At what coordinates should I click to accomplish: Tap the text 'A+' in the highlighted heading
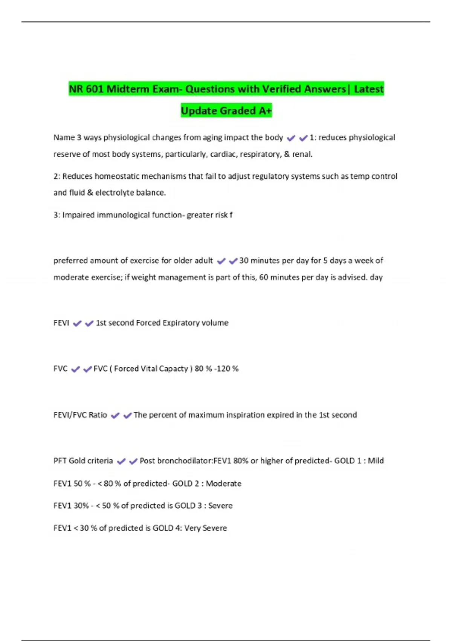click(x=265, y=111)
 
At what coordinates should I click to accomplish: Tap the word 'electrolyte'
click(x=115, y=193)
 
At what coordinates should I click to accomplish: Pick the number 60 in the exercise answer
click(x=264, y=277)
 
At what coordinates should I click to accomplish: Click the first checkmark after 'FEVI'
click(x=77, y=324)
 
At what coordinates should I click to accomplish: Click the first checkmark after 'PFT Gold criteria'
click(x=121, y=462)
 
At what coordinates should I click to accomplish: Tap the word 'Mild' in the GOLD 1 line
click(x=376, y=461)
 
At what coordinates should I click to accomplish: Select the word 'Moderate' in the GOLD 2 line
click(x=223, y=483)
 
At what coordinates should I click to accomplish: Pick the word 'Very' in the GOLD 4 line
click(x=192, y=528)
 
